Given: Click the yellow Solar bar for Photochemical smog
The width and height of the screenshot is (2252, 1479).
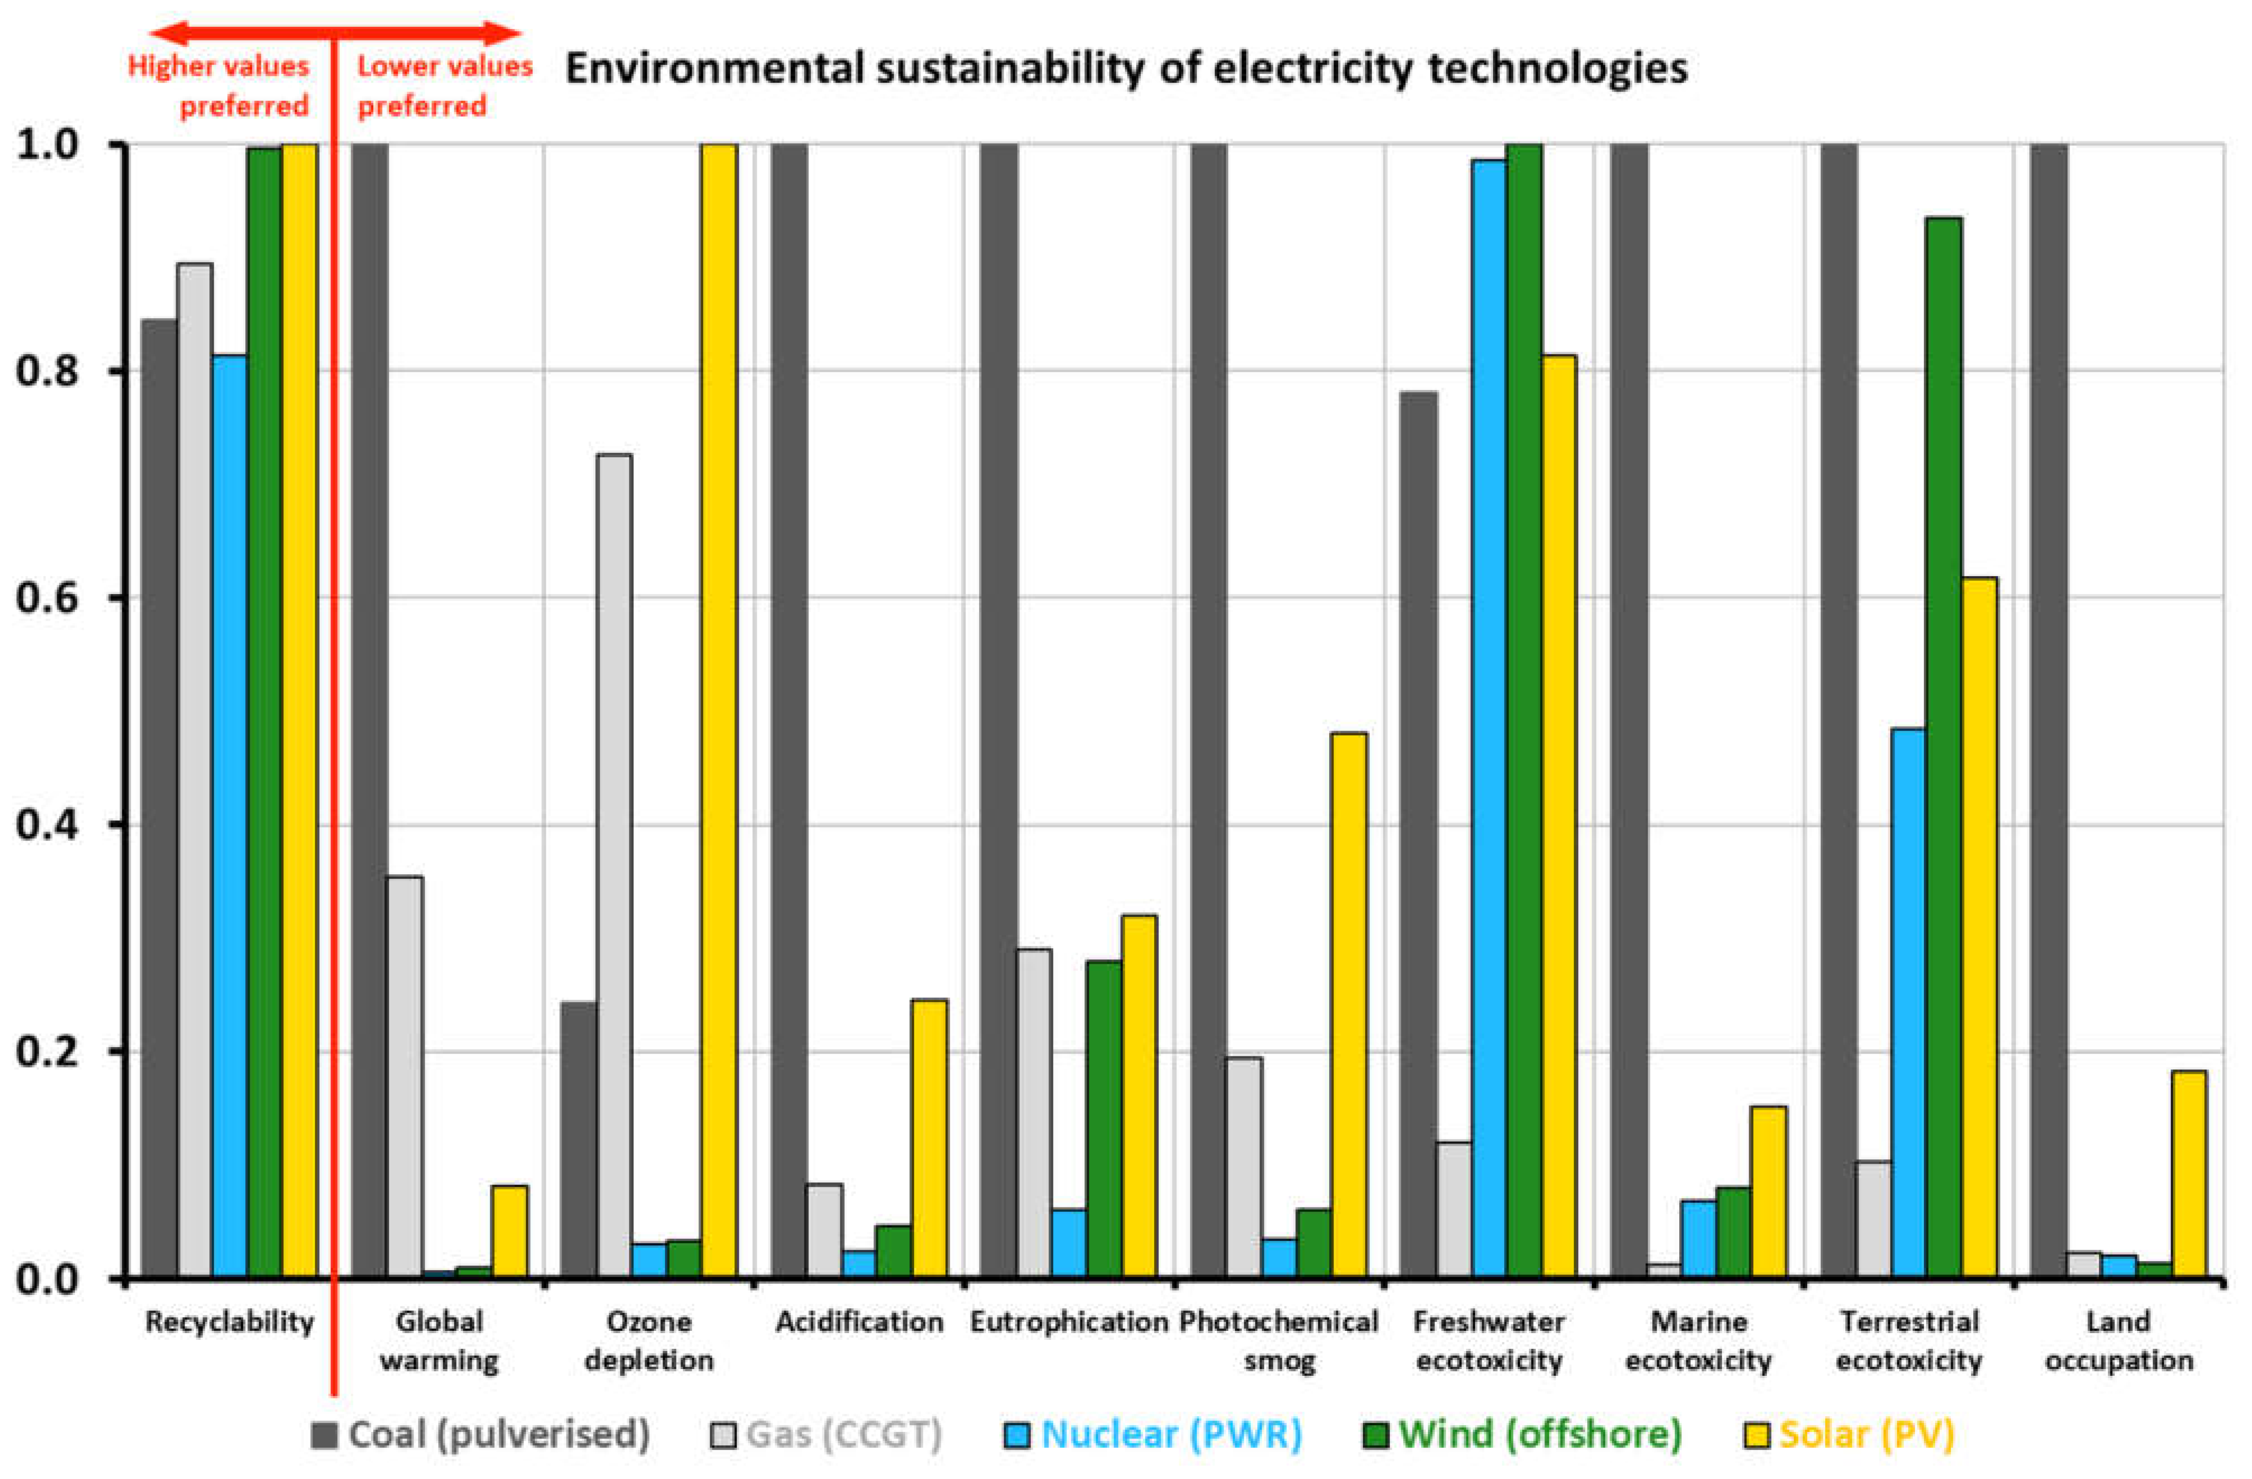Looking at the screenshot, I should [x=1348, y=1005].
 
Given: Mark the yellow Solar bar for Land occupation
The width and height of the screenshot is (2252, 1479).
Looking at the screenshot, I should [x=2189, y=1173].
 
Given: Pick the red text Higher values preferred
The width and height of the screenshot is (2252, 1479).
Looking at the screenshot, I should [x=219, y=85].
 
